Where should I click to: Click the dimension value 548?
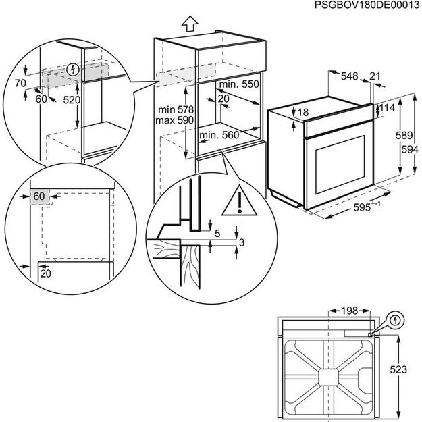click(350, 77)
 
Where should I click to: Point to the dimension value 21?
click(375, 77)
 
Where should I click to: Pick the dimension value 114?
click(386, 108)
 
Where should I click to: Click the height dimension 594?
click(404, 149)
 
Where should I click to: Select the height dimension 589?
click(404, 136)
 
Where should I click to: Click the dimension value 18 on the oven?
click(303, 112)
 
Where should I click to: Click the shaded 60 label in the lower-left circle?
click(38, 196)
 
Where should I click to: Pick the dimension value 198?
click(349, 312)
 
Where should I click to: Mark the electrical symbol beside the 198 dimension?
click(396, 319)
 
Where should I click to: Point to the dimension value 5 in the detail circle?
click(217, 234)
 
